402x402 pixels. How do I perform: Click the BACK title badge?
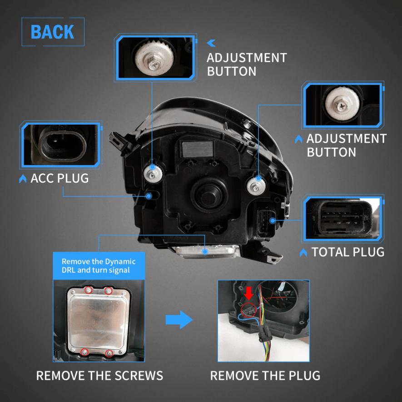[x=53, y=32]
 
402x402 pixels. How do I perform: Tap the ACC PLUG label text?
[x=60, y=179]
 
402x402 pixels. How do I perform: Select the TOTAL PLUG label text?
[x=347, y=252]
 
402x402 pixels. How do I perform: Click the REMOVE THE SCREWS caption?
[x=99, y=376]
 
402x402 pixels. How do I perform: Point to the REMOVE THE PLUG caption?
[x=265, y=376]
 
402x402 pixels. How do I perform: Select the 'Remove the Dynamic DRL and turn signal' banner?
[x=99, y=266]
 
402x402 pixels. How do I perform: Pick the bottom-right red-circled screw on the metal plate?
[x=109, y=353]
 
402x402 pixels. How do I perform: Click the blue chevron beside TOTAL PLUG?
[x=303, y=252]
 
